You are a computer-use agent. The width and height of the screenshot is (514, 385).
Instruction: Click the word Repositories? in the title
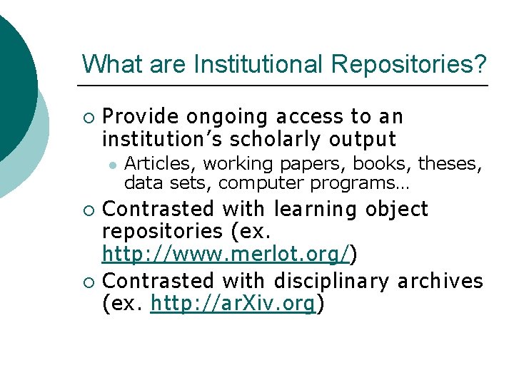(x=409, y=64)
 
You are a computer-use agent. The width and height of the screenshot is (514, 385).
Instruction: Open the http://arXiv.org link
(x=233, y=304)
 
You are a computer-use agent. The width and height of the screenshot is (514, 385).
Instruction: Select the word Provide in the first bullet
(x=140, y=116)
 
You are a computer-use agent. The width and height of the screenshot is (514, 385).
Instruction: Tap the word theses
(x=449, y=164)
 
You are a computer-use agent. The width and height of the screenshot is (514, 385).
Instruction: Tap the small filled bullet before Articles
(x=111, y=165)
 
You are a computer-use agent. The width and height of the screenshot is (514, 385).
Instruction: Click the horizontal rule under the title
(x=285, y=86)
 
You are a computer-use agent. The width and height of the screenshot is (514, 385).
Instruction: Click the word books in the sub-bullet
(x=390, y=164)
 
